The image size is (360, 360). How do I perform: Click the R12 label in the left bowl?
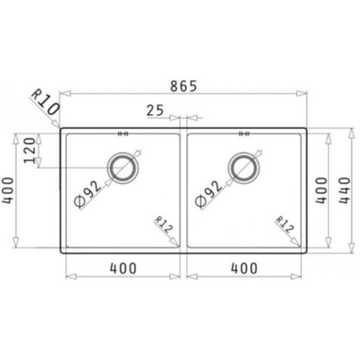pyautogui.click(x=164, y=229)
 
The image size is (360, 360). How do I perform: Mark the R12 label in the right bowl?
pyautogui.click(x=285, y=229)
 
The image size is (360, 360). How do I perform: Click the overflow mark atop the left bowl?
pyautogui.click(x=122, y=133)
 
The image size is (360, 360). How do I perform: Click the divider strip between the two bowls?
pyautogui.click(x=184, y=191)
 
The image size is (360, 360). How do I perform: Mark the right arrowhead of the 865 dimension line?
pyautogui.click(x=306, y=94)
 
